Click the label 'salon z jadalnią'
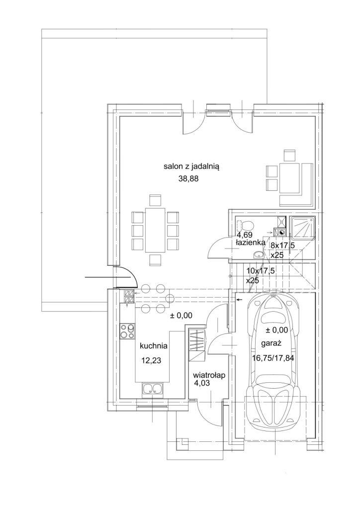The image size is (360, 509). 192,168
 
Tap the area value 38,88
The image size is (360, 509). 188,178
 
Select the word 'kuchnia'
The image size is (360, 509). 154,346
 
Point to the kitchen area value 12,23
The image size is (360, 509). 151,360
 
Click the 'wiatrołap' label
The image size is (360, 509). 209,375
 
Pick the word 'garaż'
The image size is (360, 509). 270,343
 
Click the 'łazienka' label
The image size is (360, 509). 250,242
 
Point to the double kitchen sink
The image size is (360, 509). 152,389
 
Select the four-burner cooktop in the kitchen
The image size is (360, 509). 127,332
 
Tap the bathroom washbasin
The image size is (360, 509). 259,254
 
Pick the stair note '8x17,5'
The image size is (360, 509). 282,246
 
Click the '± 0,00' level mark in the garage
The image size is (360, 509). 276,330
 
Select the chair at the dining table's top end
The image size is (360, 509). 155,200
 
